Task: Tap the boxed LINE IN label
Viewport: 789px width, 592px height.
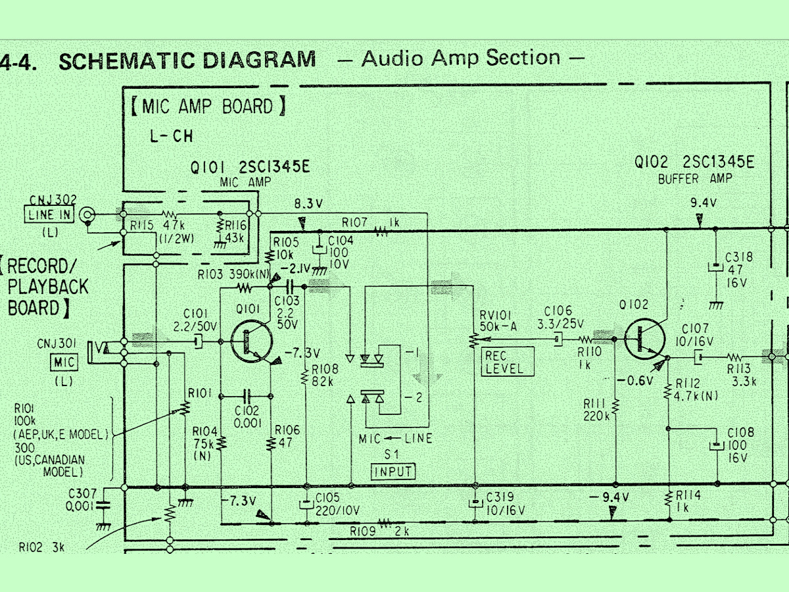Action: tap(50, 214)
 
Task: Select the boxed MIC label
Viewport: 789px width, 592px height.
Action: tap(64, 361)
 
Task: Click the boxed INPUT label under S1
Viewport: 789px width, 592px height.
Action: tap(393, 471)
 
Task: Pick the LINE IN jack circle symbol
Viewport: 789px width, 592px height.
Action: tap(87, 214)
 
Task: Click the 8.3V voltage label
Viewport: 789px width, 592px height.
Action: tap(309, 204)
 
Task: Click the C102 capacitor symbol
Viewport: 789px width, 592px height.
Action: tap(247, 396)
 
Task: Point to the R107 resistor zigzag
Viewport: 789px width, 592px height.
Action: tap(380, 231)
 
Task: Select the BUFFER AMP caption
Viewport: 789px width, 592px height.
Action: tap(694, 178)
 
